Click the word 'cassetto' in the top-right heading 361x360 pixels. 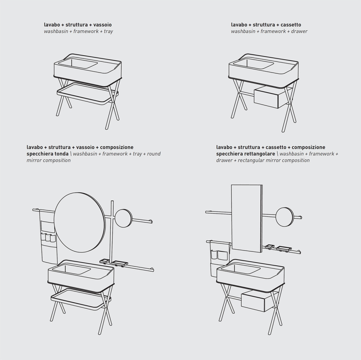click(x=291, y=25)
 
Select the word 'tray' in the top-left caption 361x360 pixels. click(x=108, y=31)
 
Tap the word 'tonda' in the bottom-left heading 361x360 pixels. click(x=62, y=153)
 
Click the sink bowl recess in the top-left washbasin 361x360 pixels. click(x=78, y=63)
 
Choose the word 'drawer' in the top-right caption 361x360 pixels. click(x=299, y=31)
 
